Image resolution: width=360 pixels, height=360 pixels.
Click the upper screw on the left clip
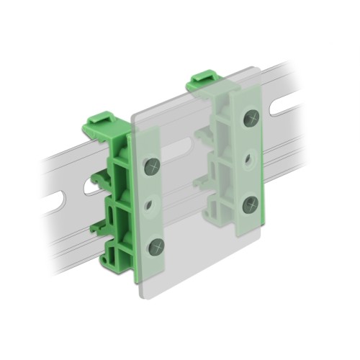click(x=152, y=166)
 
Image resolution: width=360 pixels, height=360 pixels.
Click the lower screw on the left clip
click(x=156, y=248)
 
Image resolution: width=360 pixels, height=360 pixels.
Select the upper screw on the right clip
click(x=251, y=118)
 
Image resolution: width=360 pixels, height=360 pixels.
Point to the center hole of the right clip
click(x=250, y=160)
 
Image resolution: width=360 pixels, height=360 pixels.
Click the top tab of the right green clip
click(x=204, y=78)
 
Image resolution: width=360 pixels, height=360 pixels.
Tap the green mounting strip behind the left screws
click(x=148, y=209)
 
